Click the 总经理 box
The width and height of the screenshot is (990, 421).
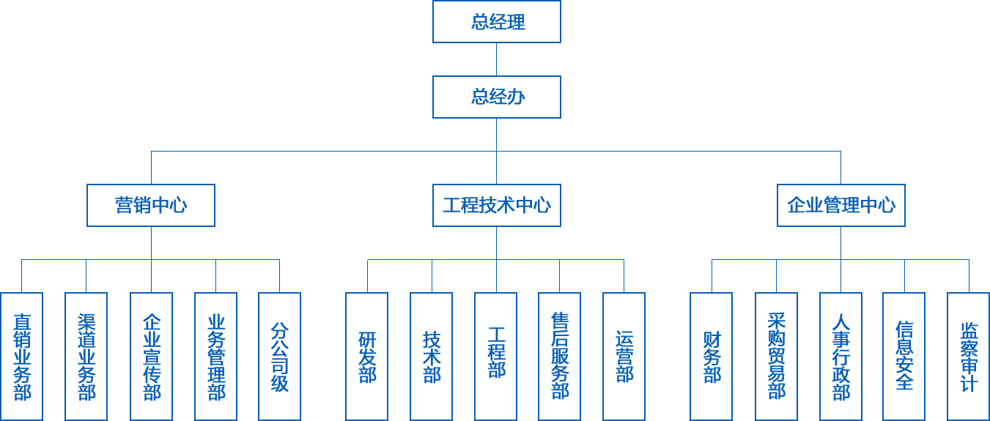click(x=496, y=22)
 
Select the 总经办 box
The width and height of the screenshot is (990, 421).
click(x=496, y=97)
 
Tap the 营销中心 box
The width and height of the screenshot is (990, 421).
click(x=151, y=205)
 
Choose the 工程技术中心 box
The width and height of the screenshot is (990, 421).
click(x=496, y=205)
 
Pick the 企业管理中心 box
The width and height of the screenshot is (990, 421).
click(x=841, y=205)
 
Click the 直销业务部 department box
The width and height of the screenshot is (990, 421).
click(x=22, y=357)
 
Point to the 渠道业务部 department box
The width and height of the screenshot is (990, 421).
click(x=86, y=357)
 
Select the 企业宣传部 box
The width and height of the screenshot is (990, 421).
click(x=151, y=357)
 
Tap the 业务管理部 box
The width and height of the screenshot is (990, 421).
click(x=215, y=357)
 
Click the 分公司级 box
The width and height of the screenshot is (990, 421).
click(x=279, y=357)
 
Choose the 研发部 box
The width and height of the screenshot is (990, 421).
click(x=367, y=357)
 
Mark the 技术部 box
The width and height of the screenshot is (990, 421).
click(x=432, y=357)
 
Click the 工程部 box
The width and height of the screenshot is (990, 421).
click(x=496, y=357)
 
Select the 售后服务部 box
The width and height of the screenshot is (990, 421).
click(x=559, y=357)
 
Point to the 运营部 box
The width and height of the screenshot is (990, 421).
click(x=624, y=357)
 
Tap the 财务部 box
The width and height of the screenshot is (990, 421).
click(x=712, y=357)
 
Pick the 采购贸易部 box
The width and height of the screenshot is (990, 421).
click(x=777, y=357)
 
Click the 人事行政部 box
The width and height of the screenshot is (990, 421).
click(x=841, y=357)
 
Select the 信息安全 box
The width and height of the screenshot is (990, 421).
click(x=904, y=357)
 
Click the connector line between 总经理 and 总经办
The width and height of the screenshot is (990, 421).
click(x=496, y=59)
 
